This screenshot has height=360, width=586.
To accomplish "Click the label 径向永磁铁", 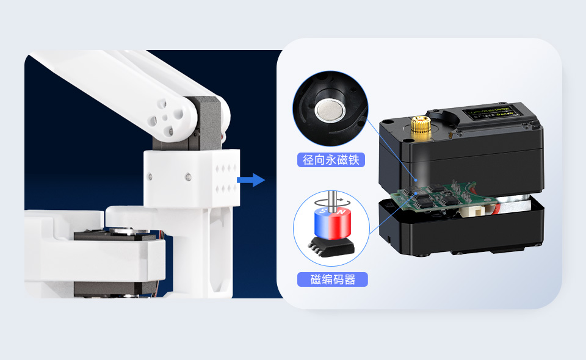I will [x=333, y=160].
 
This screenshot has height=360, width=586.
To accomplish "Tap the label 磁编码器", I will [x=332, y=280].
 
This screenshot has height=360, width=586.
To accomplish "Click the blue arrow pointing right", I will [x=250, y=179].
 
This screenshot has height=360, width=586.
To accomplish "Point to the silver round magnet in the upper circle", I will [x=330, y=110].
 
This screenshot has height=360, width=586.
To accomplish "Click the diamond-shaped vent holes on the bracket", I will [x=226, y=178].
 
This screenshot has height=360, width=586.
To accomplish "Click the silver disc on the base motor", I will [x=126, y=231].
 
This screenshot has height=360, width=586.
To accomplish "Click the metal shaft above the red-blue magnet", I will [x=331, y=199].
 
